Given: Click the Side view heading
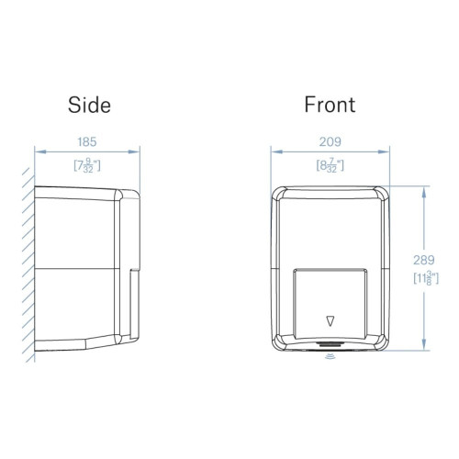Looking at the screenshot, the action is point(89,105).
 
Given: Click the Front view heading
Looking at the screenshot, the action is point(330,105).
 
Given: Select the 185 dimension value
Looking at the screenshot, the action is point(87,142).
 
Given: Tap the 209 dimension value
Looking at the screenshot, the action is point(330,142).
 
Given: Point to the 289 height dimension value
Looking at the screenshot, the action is point(424,260).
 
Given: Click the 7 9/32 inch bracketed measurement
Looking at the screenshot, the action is point(87,165).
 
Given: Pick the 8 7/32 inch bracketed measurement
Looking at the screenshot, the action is point(330,165).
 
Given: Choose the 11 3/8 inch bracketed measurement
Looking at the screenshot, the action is point(426,278).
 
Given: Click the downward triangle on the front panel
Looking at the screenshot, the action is point(330,321).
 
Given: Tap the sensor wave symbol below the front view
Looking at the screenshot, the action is point(330,356).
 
